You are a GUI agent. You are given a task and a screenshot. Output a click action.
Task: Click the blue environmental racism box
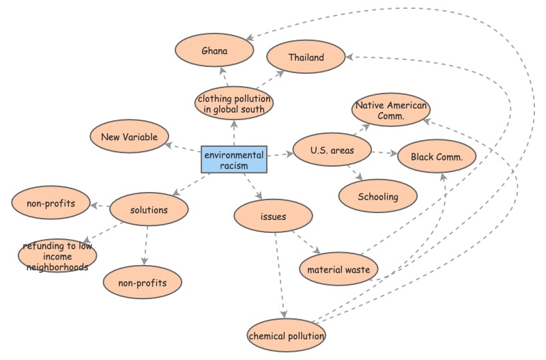pyautogui.click(x=233, y=159)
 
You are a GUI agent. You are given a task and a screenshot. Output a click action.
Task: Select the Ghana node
pyautogui.click(x=214, y=51)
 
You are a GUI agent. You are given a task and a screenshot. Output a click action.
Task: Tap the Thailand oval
pyautogui.click(x=306, y=57)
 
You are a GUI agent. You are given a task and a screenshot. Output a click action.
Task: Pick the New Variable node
pyautogui.click(x=129, y=137)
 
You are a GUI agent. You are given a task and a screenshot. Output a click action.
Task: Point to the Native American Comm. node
pyautogui.click(x=391, y=111)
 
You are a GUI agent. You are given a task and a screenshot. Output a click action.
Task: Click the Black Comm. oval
pyautogui.click(x=437, y=157)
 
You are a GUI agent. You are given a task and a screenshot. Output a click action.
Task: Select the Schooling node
pyautogui.click(x=377, y=197)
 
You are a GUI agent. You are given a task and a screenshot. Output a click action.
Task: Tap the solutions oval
pyautogui.click(x=149, y=210)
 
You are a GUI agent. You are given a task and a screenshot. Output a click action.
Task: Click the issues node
pyautogui.click(x=273, y=217)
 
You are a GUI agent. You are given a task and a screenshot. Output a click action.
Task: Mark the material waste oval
pyautogui.click(x=339, y=269)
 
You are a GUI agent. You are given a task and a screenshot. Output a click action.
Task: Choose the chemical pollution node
pyautogui.click(x=287, y=336)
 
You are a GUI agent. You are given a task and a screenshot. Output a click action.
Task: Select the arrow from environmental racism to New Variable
pyautogui.click(x=183, y=148)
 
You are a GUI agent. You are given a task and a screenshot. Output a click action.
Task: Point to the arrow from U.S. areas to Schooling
pyautogui.click(x=354, y=174)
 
